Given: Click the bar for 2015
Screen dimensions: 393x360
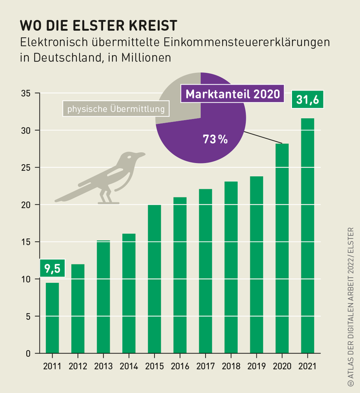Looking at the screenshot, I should point(154,279).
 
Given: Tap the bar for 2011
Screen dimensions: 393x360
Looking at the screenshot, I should point(52,317).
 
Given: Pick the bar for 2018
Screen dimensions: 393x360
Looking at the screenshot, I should point(231,267).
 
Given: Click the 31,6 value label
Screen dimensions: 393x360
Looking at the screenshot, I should point(307,100).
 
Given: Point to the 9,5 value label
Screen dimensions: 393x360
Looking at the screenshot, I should point(52,269).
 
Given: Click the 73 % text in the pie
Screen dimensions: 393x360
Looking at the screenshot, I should point(215,139).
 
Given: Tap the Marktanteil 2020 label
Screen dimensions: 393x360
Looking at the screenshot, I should point(232,94).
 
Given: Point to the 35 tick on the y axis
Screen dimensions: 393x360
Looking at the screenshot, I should point(26,93).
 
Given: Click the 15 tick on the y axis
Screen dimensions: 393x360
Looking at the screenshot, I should point(26,242).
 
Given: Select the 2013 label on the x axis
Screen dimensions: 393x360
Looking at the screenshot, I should point(103,366).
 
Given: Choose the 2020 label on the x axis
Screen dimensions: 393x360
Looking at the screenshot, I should point(282,366).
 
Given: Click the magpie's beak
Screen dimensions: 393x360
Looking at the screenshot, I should point(141,154).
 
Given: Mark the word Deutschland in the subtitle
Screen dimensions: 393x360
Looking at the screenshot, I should point(64,57).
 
